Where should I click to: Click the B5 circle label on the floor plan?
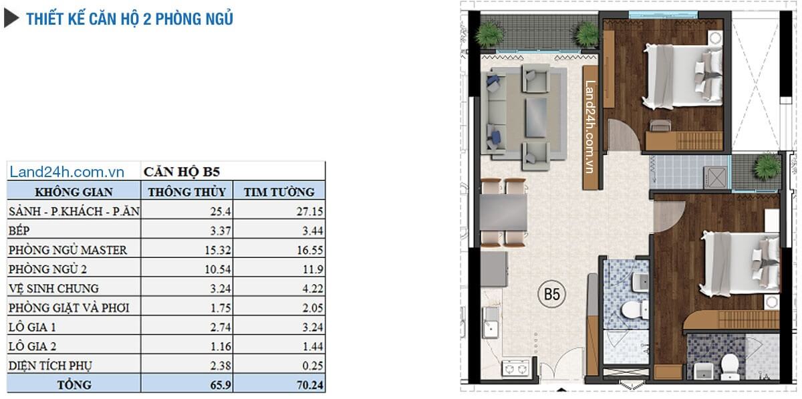pyautogui.click(x=551, y=293)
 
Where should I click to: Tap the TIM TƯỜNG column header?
pyautogui.click(x=279, y=192)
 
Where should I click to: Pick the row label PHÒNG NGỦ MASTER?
pyautogui.click(x=68, y=250)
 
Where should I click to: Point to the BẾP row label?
pyautogui.click(x=21, y=231)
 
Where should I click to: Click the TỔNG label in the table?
pyautogui.click(x=74, y=385)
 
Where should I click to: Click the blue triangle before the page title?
pyautogui.click(x=11, y=19)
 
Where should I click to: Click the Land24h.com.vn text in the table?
pyautogui.click(x=68, y=172)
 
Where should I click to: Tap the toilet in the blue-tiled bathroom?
pyautogui.click(x=631, y=310)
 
